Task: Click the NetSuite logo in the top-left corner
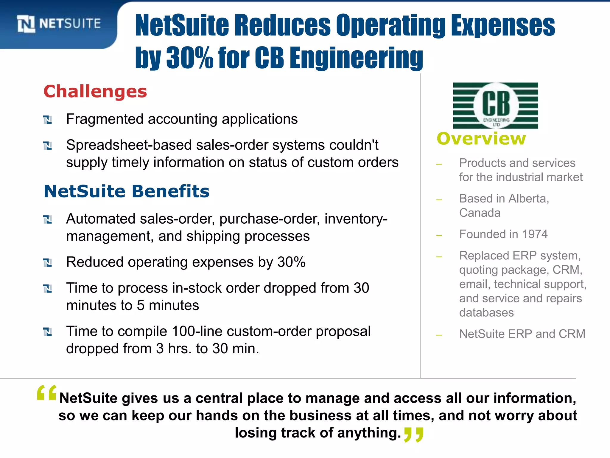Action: click(x=59, y=24)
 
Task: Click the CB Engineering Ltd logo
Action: click(x=495, y=106)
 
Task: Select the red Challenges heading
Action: click(x=95, y=91)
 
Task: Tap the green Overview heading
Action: click(x=481, y=139)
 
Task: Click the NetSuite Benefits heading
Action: click(x=127, y=191)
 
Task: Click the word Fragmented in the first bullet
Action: click(x=105, y=119)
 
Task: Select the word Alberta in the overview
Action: click(x=528, y=199)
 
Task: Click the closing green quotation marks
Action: click(x=413, y=435)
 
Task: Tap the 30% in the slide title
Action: click(x=190, y=57)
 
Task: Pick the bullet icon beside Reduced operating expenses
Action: click(x=47, y=263)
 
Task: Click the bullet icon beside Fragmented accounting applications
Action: click(x=47, y=120)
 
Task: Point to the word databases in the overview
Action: click(x=486, y=312)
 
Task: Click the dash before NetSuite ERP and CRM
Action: click(x=439, y=335)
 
